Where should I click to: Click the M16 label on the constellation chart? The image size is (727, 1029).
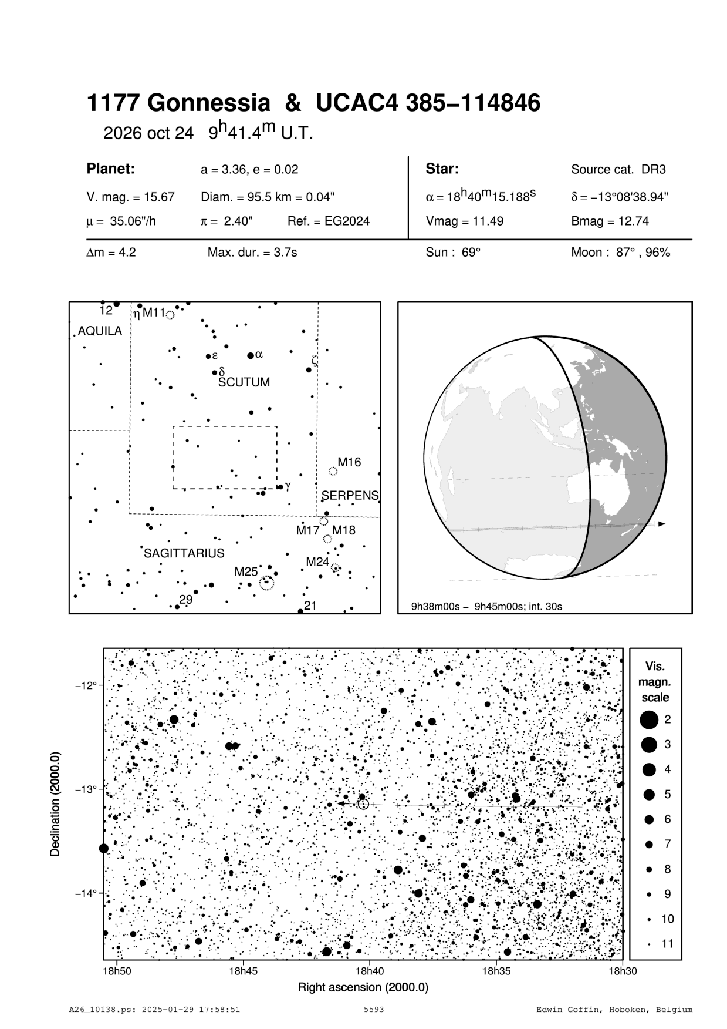coord(349,462)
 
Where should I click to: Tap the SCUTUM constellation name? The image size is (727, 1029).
coord(244,382)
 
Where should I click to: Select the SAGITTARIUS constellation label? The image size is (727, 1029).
coord(184,553)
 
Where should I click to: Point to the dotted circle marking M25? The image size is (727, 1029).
coord(266,583)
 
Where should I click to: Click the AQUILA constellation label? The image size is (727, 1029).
coord(100,331)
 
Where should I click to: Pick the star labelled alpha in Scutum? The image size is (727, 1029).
coord(251,355)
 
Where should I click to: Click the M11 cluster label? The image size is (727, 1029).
coord(154,312)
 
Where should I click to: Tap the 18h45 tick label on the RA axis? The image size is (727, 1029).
coord(243,971)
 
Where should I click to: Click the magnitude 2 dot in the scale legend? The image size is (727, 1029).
coord(649,719)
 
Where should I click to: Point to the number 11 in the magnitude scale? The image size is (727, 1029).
coord(668,944)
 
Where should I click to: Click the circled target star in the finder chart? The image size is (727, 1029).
coord(363,804)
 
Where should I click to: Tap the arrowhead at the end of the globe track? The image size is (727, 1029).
coord(662,523)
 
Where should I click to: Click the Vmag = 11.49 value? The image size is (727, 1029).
coord(464,221)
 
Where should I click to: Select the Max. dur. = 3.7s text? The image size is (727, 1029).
coord(252,253)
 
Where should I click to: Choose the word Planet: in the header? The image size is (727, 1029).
coord(111,169)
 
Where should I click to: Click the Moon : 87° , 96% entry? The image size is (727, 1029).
coord(620,253)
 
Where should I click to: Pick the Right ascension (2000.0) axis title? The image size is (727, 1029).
coord(363,987)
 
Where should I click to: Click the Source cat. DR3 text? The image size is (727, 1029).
coord(618,170)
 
